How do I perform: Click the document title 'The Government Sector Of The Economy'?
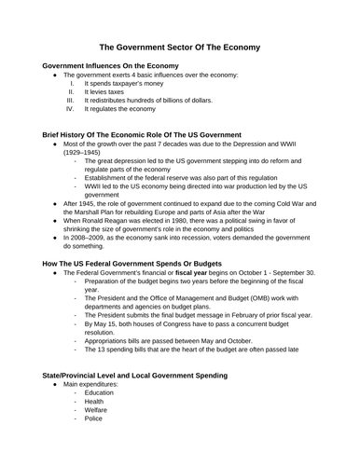pyautogui.click(x=180, y=47)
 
